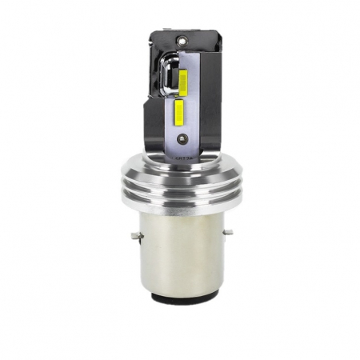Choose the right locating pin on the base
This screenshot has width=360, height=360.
[x=230, y=232]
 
